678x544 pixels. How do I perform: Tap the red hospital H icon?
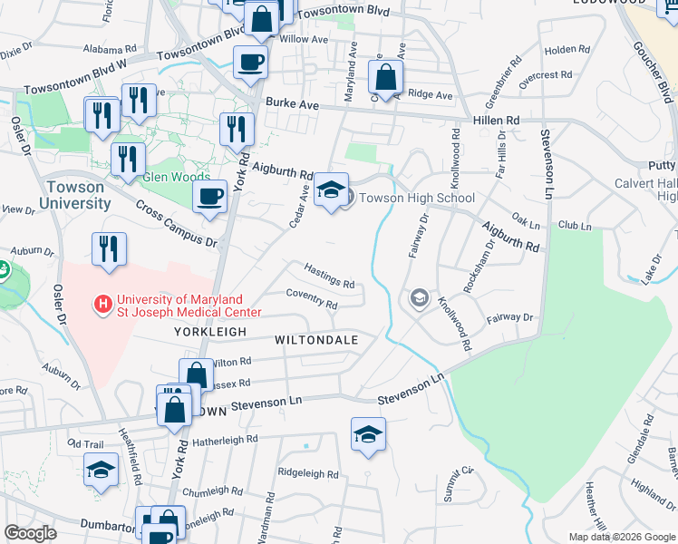tap(104, 301)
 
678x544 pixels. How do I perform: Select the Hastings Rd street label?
tap(328, 276)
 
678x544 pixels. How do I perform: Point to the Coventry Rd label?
tap(311, 299)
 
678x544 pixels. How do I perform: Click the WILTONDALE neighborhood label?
tap(317, 340)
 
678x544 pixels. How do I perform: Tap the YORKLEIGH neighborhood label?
tap(211, 333)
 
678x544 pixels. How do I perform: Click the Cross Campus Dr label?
tap(178, 224)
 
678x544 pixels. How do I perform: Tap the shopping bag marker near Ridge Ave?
tap(386, 78)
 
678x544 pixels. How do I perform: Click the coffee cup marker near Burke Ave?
tap(250, 63)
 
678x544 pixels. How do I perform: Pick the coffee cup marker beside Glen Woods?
tap(210, 197)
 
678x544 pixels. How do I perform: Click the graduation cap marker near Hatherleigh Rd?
tap(368, 433)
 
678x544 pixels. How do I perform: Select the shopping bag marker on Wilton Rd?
tap(196, 374)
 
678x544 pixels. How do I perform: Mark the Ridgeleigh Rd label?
tap(308, 474)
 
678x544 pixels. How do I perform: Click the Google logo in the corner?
tap(31, 533)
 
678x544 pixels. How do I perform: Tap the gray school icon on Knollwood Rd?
tap(419, 297)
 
